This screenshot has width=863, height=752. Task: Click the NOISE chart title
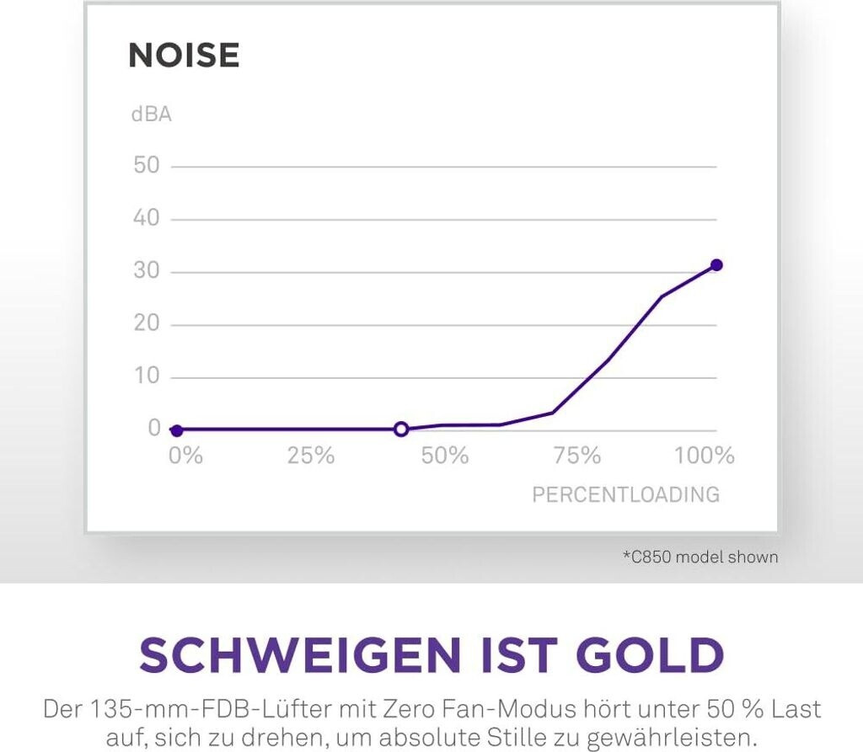184,56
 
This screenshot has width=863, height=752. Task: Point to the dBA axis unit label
152,115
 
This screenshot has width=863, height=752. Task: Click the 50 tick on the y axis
147,165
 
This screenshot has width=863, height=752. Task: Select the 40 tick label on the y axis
147,218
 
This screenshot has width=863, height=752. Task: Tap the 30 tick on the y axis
147,271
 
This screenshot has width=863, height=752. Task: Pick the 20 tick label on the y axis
147,324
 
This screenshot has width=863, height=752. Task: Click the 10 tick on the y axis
147,376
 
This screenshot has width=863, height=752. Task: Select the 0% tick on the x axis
185,456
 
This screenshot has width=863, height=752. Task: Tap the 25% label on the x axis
311,456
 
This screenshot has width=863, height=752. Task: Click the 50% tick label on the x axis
444,456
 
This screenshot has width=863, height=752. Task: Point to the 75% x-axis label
577,456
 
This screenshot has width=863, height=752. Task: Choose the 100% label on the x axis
705,456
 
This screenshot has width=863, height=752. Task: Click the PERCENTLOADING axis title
625,494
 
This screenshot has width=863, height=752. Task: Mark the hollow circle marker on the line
401,429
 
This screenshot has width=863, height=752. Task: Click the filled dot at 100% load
716,265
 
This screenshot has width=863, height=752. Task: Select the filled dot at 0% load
176,430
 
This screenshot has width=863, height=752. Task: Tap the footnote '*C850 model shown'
700,557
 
